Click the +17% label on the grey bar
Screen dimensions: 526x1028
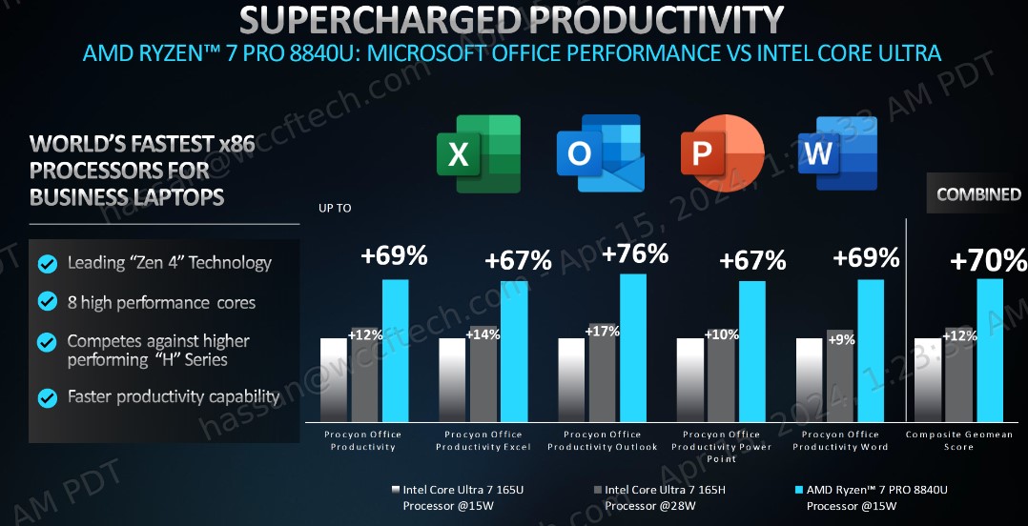click(603, 332)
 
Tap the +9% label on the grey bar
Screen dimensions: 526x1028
click(841, 338)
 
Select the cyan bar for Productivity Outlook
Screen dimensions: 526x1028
click(632, 348)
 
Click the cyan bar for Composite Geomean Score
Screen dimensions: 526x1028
click(990, 350)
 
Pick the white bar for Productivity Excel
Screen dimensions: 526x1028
click(452, 379)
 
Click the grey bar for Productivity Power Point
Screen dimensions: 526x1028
click(721, 376)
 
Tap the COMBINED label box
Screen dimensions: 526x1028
click(978, 194)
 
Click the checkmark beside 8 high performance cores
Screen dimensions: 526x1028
click(46, 302)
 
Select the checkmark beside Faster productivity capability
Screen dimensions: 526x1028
click(46, 396)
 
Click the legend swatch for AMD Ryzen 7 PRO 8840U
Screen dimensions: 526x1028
click(798, 490)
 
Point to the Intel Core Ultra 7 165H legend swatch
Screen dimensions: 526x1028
click(597, 490)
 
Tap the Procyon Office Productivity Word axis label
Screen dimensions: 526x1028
click(840, 440)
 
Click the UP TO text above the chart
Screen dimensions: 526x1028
click(336, 207)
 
